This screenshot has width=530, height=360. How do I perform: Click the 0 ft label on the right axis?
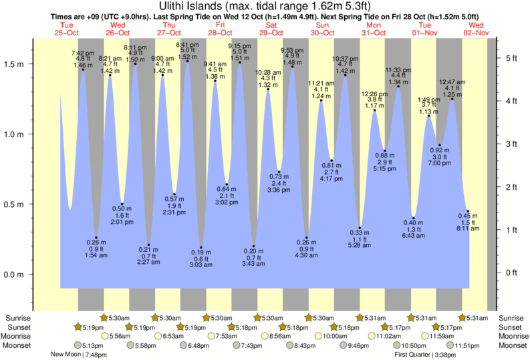point(511,273)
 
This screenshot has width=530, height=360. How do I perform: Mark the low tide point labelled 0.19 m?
point(201,248)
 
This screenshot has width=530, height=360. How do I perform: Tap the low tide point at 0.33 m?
point(360,228)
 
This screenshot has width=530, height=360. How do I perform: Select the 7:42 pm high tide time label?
point(83,52)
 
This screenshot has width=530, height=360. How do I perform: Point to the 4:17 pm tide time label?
point(332,178)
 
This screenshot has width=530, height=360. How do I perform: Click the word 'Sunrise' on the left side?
point(17,318)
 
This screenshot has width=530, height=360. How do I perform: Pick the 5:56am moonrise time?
point(120,336)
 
